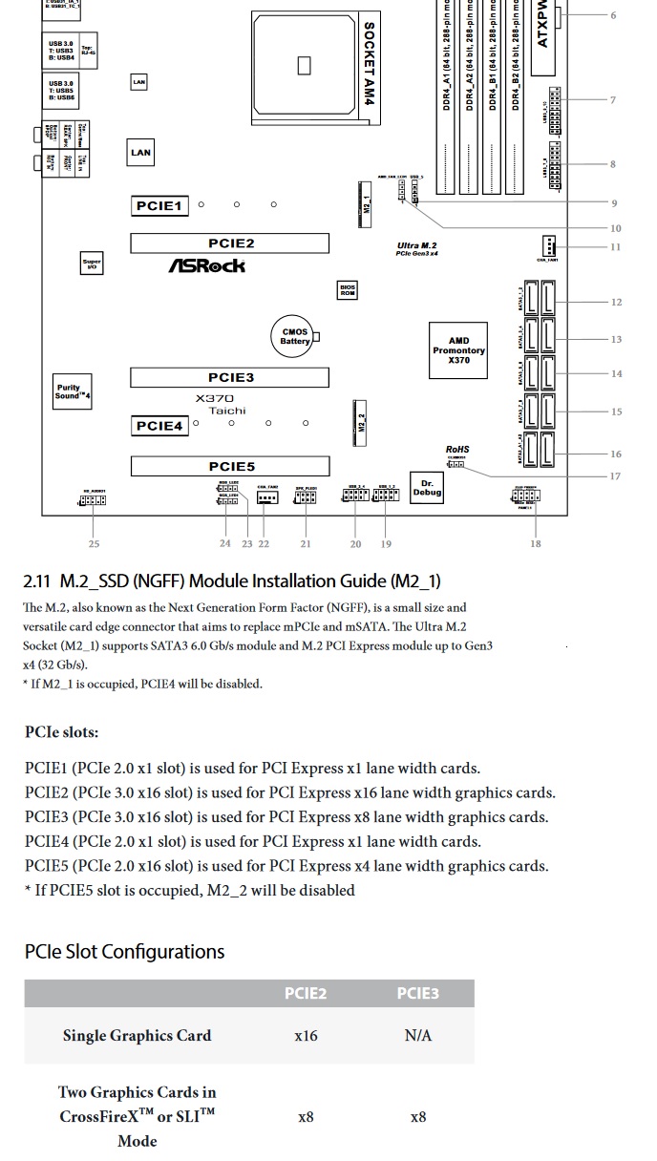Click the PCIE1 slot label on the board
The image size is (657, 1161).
click(x=158, y=206)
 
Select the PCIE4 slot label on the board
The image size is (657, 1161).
click(x=159, y=426)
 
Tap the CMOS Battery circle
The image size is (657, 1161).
click(x=295, y=337)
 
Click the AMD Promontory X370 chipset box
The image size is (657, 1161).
click(x=458, y=350)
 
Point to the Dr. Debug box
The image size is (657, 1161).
click(x=427, y=487)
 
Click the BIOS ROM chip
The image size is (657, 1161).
click(x=348, y=290)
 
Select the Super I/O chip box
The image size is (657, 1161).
click(x=92, y=264)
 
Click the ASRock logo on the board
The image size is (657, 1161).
click(x=207, y=266)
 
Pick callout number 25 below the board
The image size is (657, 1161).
click(x=94, y=544)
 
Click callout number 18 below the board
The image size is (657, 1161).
click(x=536, y=544)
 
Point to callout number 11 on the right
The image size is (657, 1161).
click(x=616, y=247)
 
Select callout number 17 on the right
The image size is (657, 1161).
click(x=616, y=476)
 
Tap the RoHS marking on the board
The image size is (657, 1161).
click(x=457, y=450)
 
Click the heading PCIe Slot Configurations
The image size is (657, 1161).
click(x=124, y=952)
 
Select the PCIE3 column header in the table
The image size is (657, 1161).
click(x=417, y=994)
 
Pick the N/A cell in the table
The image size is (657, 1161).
click(x=417, y=1036)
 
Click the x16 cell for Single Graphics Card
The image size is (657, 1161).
click(x=306, y=1036)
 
